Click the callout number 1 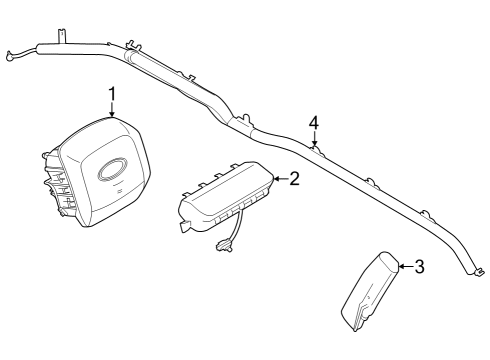click(112, 95)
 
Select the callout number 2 click(294, 179)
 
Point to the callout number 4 click(314, 122)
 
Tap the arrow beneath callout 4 click(314, 140)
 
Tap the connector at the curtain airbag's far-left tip click(11, 58)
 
